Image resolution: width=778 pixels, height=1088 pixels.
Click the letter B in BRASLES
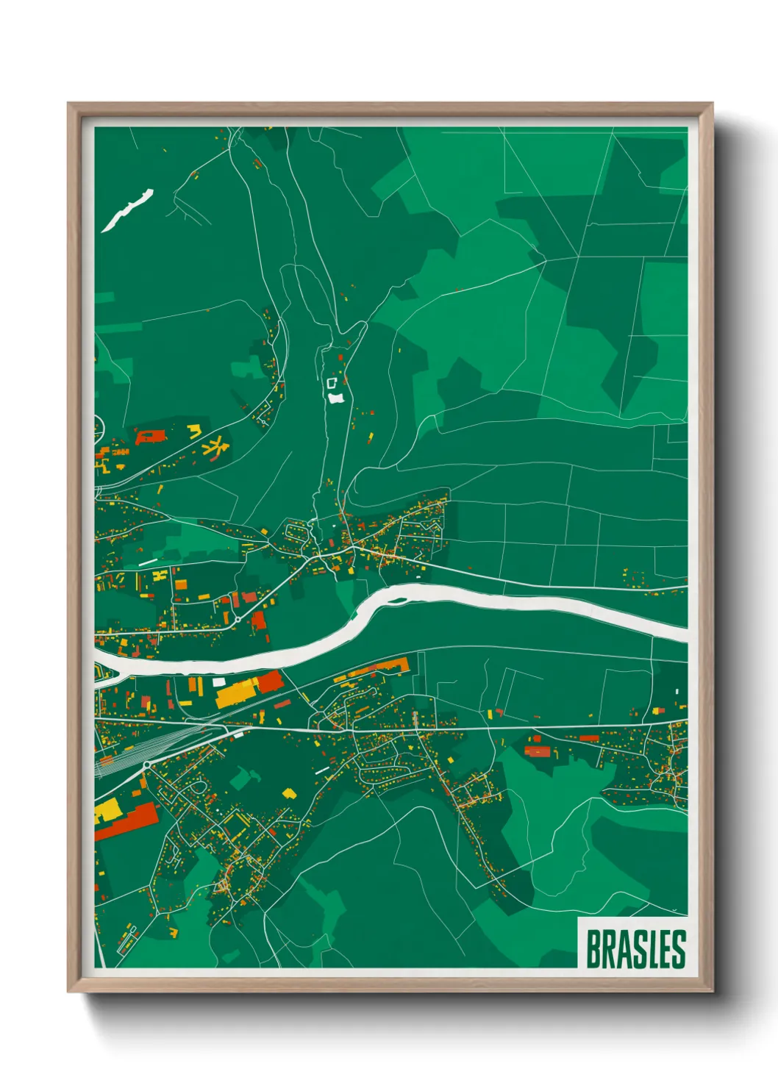592,949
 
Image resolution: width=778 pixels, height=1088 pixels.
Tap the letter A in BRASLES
622,949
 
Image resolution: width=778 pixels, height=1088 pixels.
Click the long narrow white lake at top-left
126,210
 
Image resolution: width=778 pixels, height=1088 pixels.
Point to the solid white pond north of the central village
336,398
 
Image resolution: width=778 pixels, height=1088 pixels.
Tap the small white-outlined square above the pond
331,383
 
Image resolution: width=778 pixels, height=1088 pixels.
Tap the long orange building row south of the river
376,668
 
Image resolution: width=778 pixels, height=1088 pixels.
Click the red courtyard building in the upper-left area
150,437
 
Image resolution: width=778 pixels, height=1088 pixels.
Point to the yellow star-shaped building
215,445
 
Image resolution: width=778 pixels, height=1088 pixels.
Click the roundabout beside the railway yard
146,765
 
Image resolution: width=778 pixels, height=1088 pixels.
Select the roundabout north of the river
238,620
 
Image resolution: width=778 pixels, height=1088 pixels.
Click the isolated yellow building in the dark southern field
289,794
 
